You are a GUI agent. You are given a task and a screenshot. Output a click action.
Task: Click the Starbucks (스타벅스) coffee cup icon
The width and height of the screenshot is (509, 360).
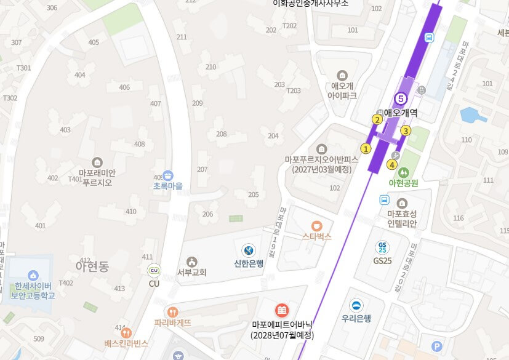pyautogui.click(x=316, y=226)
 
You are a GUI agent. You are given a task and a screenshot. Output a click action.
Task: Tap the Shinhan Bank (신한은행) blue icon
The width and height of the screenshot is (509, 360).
pyautogui.click(x=249, y=250)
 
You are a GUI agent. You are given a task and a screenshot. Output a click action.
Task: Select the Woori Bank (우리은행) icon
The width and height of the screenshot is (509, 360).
pyautogui.click(x=356, y=305)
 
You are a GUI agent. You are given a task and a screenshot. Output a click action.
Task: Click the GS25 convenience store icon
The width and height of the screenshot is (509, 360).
pyautogui.click(x=382, y=248)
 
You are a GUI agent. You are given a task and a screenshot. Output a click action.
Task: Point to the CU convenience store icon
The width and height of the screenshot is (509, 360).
pyautogui.click(x=154, y=270)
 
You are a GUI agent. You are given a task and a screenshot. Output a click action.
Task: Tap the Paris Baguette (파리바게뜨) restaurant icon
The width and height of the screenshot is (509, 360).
pyautogui.click(x=172, y=312)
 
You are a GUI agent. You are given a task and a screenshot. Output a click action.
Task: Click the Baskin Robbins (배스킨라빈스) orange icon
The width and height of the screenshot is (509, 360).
pyautogui.click(x=126, y=332)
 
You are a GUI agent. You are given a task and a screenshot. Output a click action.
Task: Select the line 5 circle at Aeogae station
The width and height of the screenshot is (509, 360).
pyautogui.click(x=401, y=98)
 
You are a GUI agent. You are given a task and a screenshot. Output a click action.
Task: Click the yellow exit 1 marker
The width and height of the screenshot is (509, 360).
pyautogui.click(x=366, y=148)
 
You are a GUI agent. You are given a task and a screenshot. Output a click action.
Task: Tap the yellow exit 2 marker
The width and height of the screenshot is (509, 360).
pyautogui.click(x=377, y=119)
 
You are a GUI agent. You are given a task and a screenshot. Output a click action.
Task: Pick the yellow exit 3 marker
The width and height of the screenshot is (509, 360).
pyautogui.click(x=406, y=130)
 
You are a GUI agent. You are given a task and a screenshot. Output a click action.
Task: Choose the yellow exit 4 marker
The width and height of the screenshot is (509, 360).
pyautogui.click(x=392, y=164)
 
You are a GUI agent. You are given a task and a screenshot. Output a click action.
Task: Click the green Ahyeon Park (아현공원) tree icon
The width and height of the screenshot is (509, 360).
pyautogui.click(x=403, y=172)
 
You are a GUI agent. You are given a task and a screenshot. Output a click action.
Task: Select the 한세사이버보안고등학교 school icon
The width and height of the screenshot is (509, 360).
pyautogui.click(x=33, y=275)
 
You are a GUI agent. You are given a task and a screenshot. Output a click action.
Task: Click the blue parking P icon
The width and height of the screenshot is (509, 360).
pyautogui.click(x=437, y=346)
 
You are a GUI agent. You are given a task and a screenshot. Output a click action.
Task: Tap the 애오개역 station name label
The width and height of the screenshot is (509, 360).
pyautogui.click(x=401, y=113)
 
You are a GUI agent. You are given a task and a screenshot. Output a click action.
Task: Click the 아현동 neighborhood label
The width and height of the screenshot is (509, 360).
pyautogui.click(x=92, y=267)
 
